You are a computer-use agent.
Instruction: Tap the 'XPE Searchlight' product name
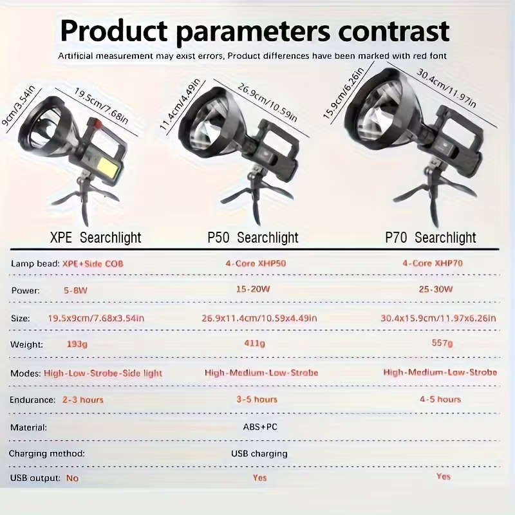pyautogui.click(x=95, y=238)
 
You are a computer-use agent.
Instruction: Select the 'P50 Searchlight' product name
pyautogui.click(x=253, y=238)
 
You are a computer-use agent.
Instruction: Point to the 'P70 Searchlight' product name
pyautogui.click(x=431, y=238)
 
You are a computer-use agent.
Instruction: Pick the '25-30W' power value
pyautogui.click(x=436, y=290)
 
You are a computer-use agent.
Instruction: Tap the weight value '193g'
pyautogui.click(x=77, y=344)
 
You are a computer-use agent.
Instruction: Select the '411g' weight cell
pyautogui.click(x=254, y=344)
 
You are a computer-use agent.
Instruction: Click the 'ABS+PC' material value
pyautogui.click(x=261, y=427)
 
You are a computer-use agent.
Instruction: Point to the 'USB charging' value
pyautogui.click(x=259, y=454)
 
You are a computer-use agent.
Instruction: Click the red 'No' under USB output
pyautogui.click(x=72, y=478)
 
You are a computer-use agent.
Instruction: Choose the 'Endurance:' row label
pyautogui.click(x=32, y=400)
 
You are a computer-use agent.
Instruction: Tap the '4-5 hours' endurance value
pyautogui.click(x=440, y=399)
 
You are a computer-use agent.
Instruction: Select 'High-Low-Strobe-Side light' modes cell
pyautogui.click(x=103, y=373)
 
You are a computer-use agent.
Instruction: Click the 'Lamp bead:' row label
pyautogui.click(x=34, y=263)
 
